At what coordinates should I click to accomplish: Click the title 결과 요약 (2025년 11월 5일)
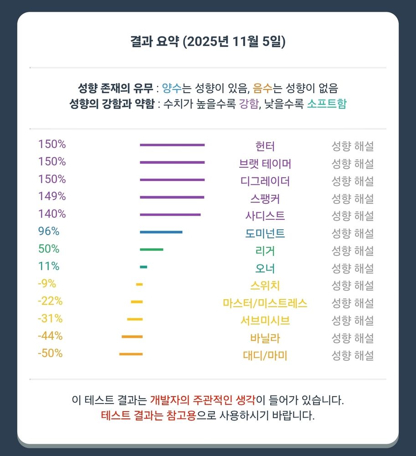208,42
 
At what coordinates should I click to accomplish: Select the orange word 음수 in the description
263,88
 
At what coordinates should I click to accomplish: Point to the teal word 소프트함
326,104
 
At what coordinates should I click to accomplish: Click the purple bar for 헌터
172,145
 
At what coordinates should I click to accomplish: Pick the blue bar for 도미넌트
161,232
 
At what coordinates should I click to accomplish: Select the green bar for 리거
151,249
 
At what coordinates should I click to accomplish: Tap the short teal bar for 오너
144,267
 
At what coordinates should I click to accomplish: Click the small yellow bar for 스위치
139,285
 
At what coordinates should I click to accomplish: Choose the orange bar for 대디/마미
131,354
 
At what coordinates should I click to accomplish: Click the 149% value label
52,197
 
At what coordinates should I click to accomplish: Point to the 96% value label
49,231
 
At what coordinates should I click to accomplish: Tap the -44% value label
50,336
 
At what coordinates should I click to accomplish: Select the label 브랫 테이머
265,164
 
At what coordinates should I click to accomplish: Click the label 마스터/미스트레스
265,303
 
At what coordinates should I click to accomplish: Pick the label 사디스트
265,216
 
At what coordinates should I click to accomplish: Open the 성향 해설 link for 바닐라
352,338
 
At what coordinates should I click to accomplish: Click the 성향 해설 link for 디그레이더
352,181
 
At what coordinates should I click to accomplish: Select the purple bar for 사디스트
170,215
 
